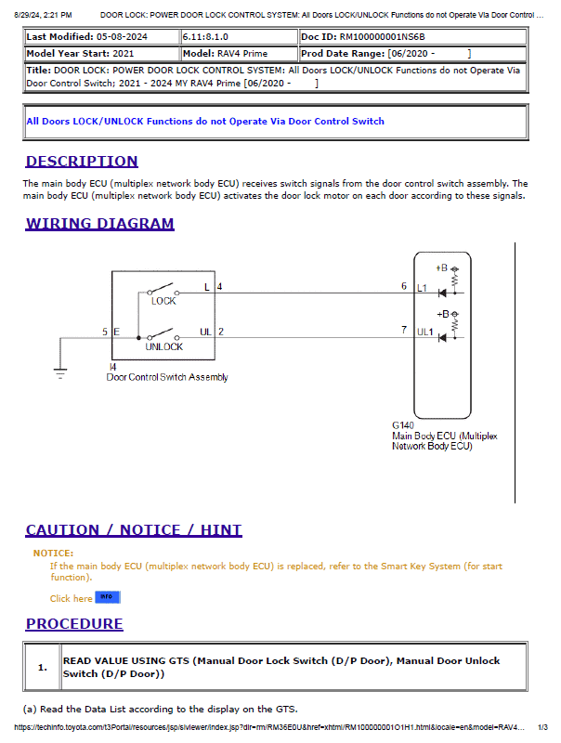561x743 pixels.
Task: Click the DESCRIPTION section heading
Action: pyautogui.click(x=82, y=162)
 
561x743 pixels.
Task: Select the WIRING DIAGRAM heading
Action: pyautogui.click(x=99, y=224)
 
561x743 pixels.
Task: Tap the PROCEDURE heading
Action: pyautogui.click(x=74, y=624)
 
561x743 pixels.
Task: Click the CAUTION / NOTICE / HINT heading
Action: pyautogui.click(x=134, y=530)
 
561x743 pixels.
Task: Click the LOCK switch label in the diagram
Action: pyautogui.click(x=163, y=301)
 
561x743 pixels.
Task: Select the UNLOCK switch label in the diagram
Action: pyautogui.click(x=163, y=346)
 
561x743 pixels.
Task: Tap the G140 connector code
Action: pyautogui.click(x=404, y=425)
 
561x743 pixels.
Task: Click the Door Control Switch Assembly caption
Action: pyautogui.click(x=167, y=377)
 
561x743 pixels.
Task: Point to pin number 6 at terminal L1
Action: pyautogui.click(x=404, y=286)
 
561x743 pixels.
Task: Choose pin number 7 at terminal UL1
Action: pyautogui.click(x=404, y=330)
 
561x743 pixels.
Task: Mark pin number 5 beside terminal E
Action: pyautogui.click(x=105, y=332)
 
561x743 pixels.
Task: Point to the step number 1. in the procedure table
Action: pyautogui.click(x=43, y=667)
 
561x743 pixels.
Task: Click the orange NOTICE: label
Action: pyautogui.click(x=53, y=554)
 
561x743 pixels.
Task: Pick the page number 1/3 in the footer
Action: pyautogui.click(x=542, y=727)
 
